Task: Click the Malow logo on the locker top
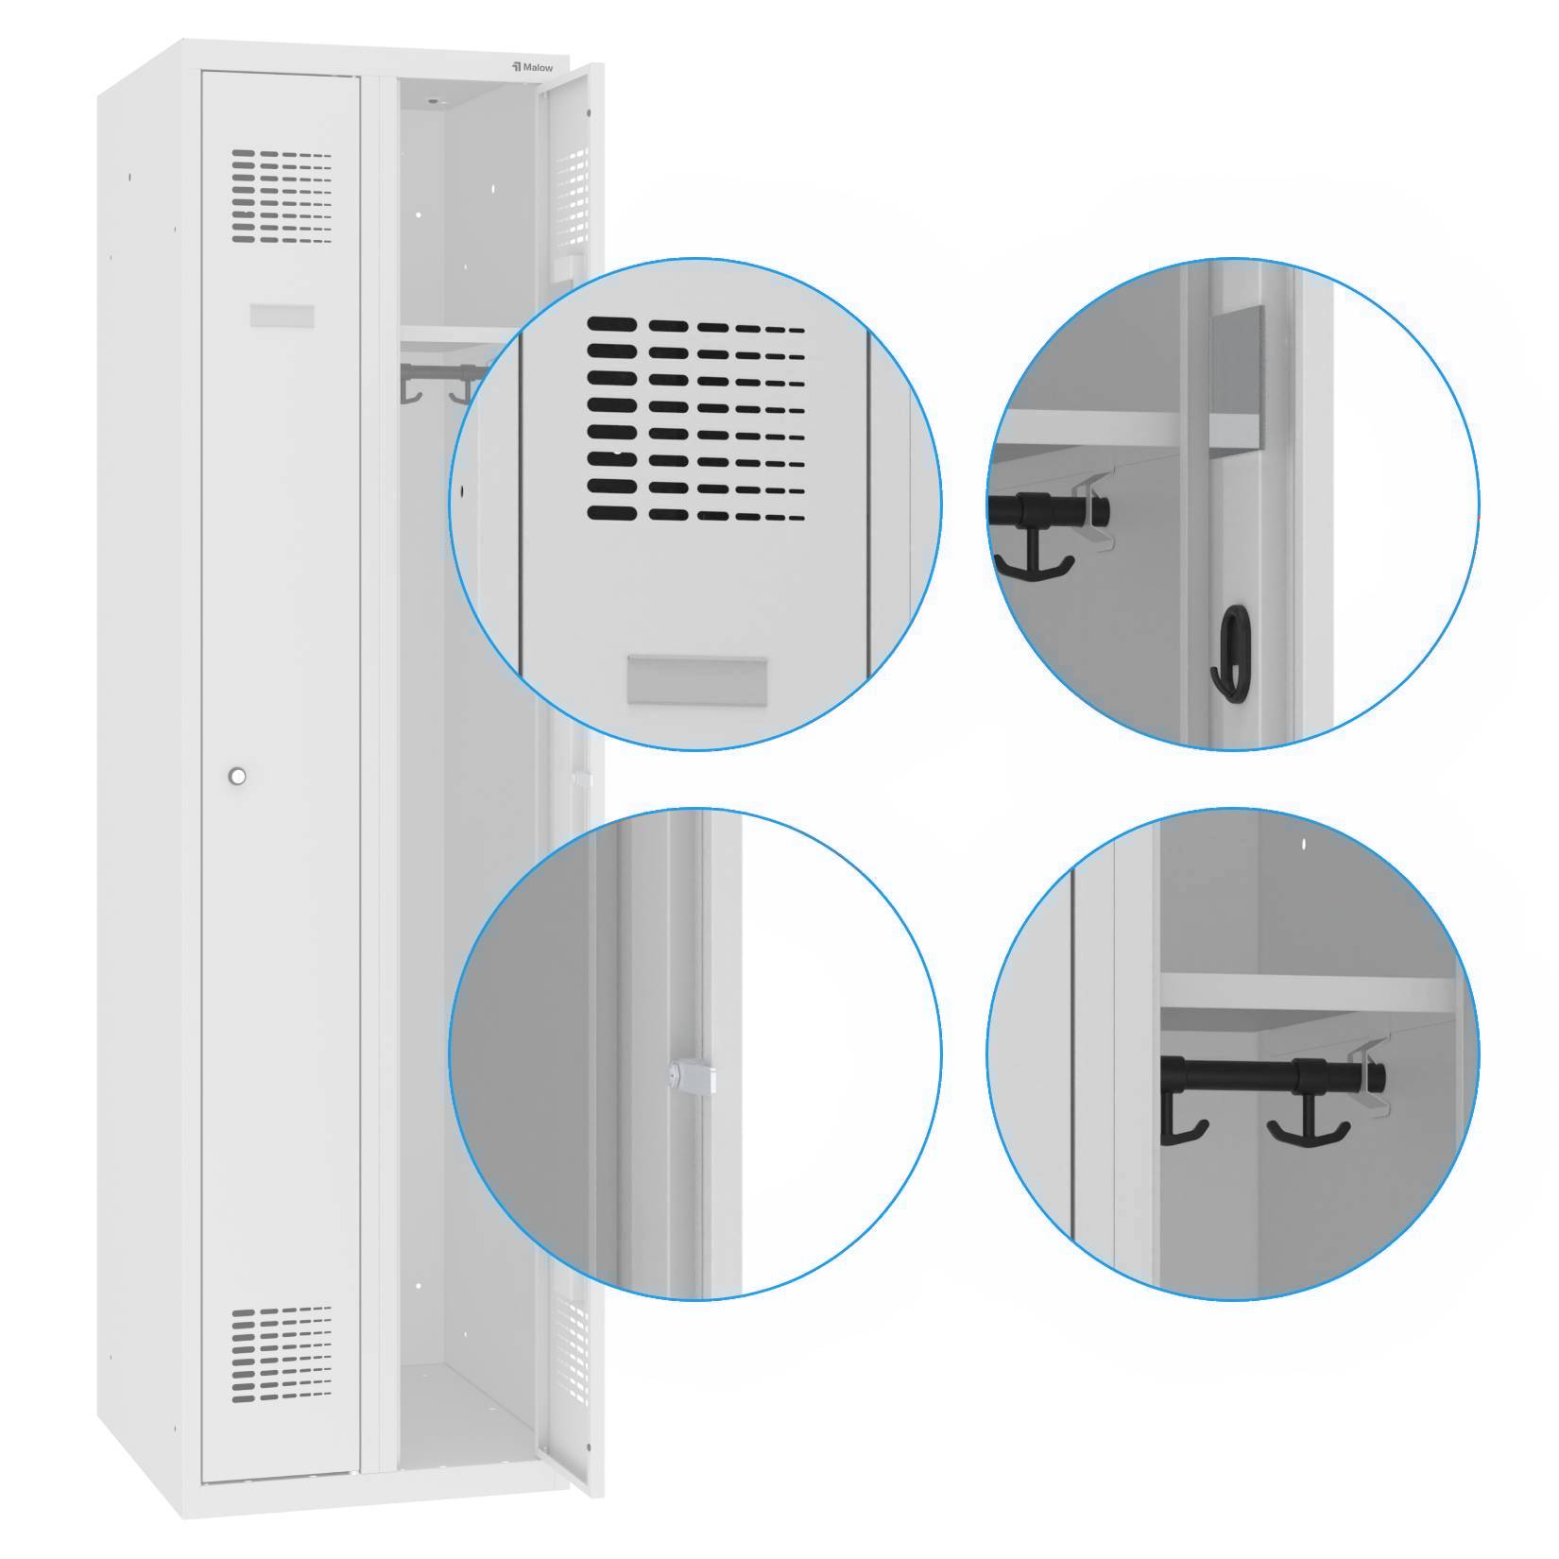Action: [533, 67]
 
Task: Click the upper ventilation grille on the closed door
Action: [282, 196]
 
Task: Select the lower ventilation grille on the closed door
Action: [282, 1353]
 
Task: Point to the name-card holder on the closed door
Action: [282, 316]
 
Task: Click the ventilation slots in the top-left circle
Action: [695, 419]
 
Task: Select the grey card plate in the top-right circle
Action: [1237, 378]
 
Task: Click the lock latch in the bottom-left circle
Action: [691, 1076]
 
